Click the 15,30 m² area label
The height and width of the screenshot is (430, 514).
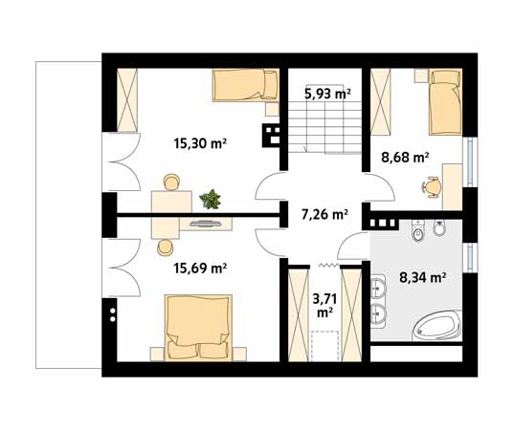200,143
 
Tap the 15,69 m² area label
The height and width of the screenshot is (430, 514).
200,269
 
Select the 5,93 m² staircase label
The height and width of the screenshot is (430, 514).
327,94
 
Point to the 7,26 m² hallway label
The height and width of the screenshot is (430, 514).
324,215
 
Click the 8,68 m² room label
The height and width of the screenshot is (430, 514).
405,158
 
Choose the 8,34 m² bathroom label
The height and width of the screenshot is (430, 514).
422,278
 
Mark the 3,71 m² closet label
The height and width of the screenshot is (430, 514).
324,306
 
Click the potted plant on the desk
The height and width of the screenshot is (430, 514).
210,199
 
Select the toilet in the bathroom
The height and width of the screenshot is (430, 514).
418,231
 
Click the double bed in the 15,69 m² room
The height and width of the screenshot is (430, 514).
197,327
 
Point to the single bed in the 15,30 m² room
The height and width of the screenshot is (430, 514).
246,85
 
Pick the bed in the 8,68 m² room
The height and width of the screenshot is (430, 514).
445,101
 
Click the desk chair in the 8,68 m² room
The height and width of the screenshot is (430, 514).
432,187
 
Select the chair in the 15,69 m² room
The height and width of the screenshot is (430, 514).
165,247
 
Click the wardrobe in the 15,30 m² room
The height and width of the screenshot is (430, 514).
127,100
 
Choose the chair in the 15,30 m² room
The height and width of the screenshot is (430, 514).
171,182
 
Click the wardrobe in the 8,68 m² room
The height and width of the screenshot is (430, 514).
381,101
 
